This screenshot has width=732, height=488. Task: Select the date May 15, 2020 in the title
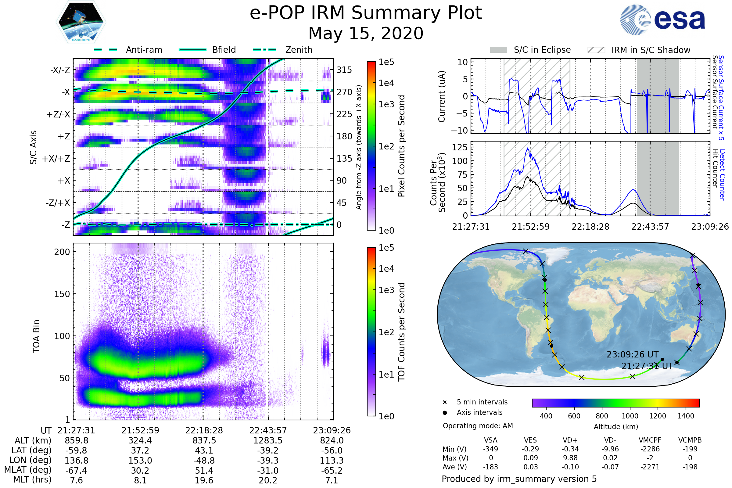click(366, 33)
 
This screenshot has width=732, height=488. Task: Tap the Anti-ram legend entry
click(128, 50)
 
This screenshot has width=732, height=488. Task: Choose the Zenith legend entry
click(283, 50)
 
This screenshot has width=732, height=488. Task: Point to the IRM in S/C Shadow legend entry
click(639, 50)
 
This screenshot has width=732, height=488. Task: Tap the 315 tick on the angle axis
click(344, 70)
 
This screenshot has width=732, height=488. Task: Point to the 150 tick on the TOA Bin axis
click(62, 294)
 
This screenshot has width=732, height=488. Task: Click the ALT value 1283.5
click(268, 440)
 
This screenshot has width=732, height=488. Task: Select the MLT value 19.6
click(204, 480)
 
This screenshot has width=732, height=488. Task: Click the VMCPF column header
click(650, 440)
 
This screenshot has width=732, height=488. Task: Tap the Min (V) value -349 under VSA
click(490, 449)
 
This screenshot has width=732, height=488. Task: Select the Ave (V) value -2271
click(650, 467)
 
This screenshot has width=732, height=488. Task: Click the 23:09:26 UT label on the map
click(632, 354)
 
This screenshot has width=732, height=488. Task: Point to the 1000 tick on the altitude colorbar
click(630, 416)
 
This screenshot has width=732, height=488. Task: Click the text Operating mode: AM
click(478, 426)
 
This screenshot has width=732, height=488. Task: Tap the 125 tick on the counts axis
click(460, 147)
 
